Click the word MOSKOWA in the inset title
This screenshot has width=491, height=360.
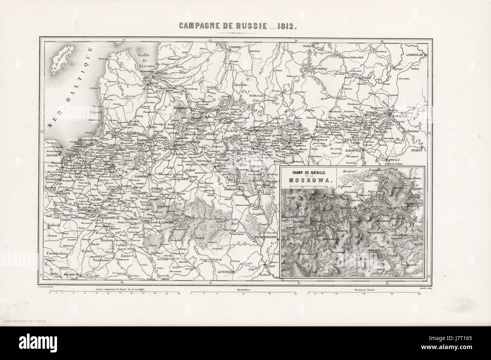(310, 180)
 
